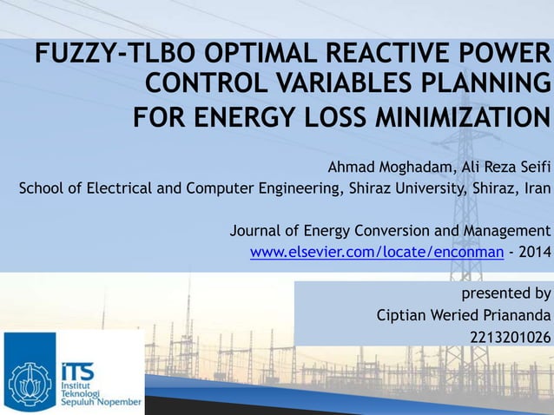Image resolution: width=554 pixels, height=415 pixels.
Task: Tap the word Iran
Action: click(535, 189)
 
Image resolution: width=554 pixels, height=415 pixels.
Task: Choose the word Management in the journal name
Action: click(508, 231)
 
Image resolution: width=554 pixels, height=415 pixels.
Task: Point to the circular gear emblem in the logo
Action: click(30, 379)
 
